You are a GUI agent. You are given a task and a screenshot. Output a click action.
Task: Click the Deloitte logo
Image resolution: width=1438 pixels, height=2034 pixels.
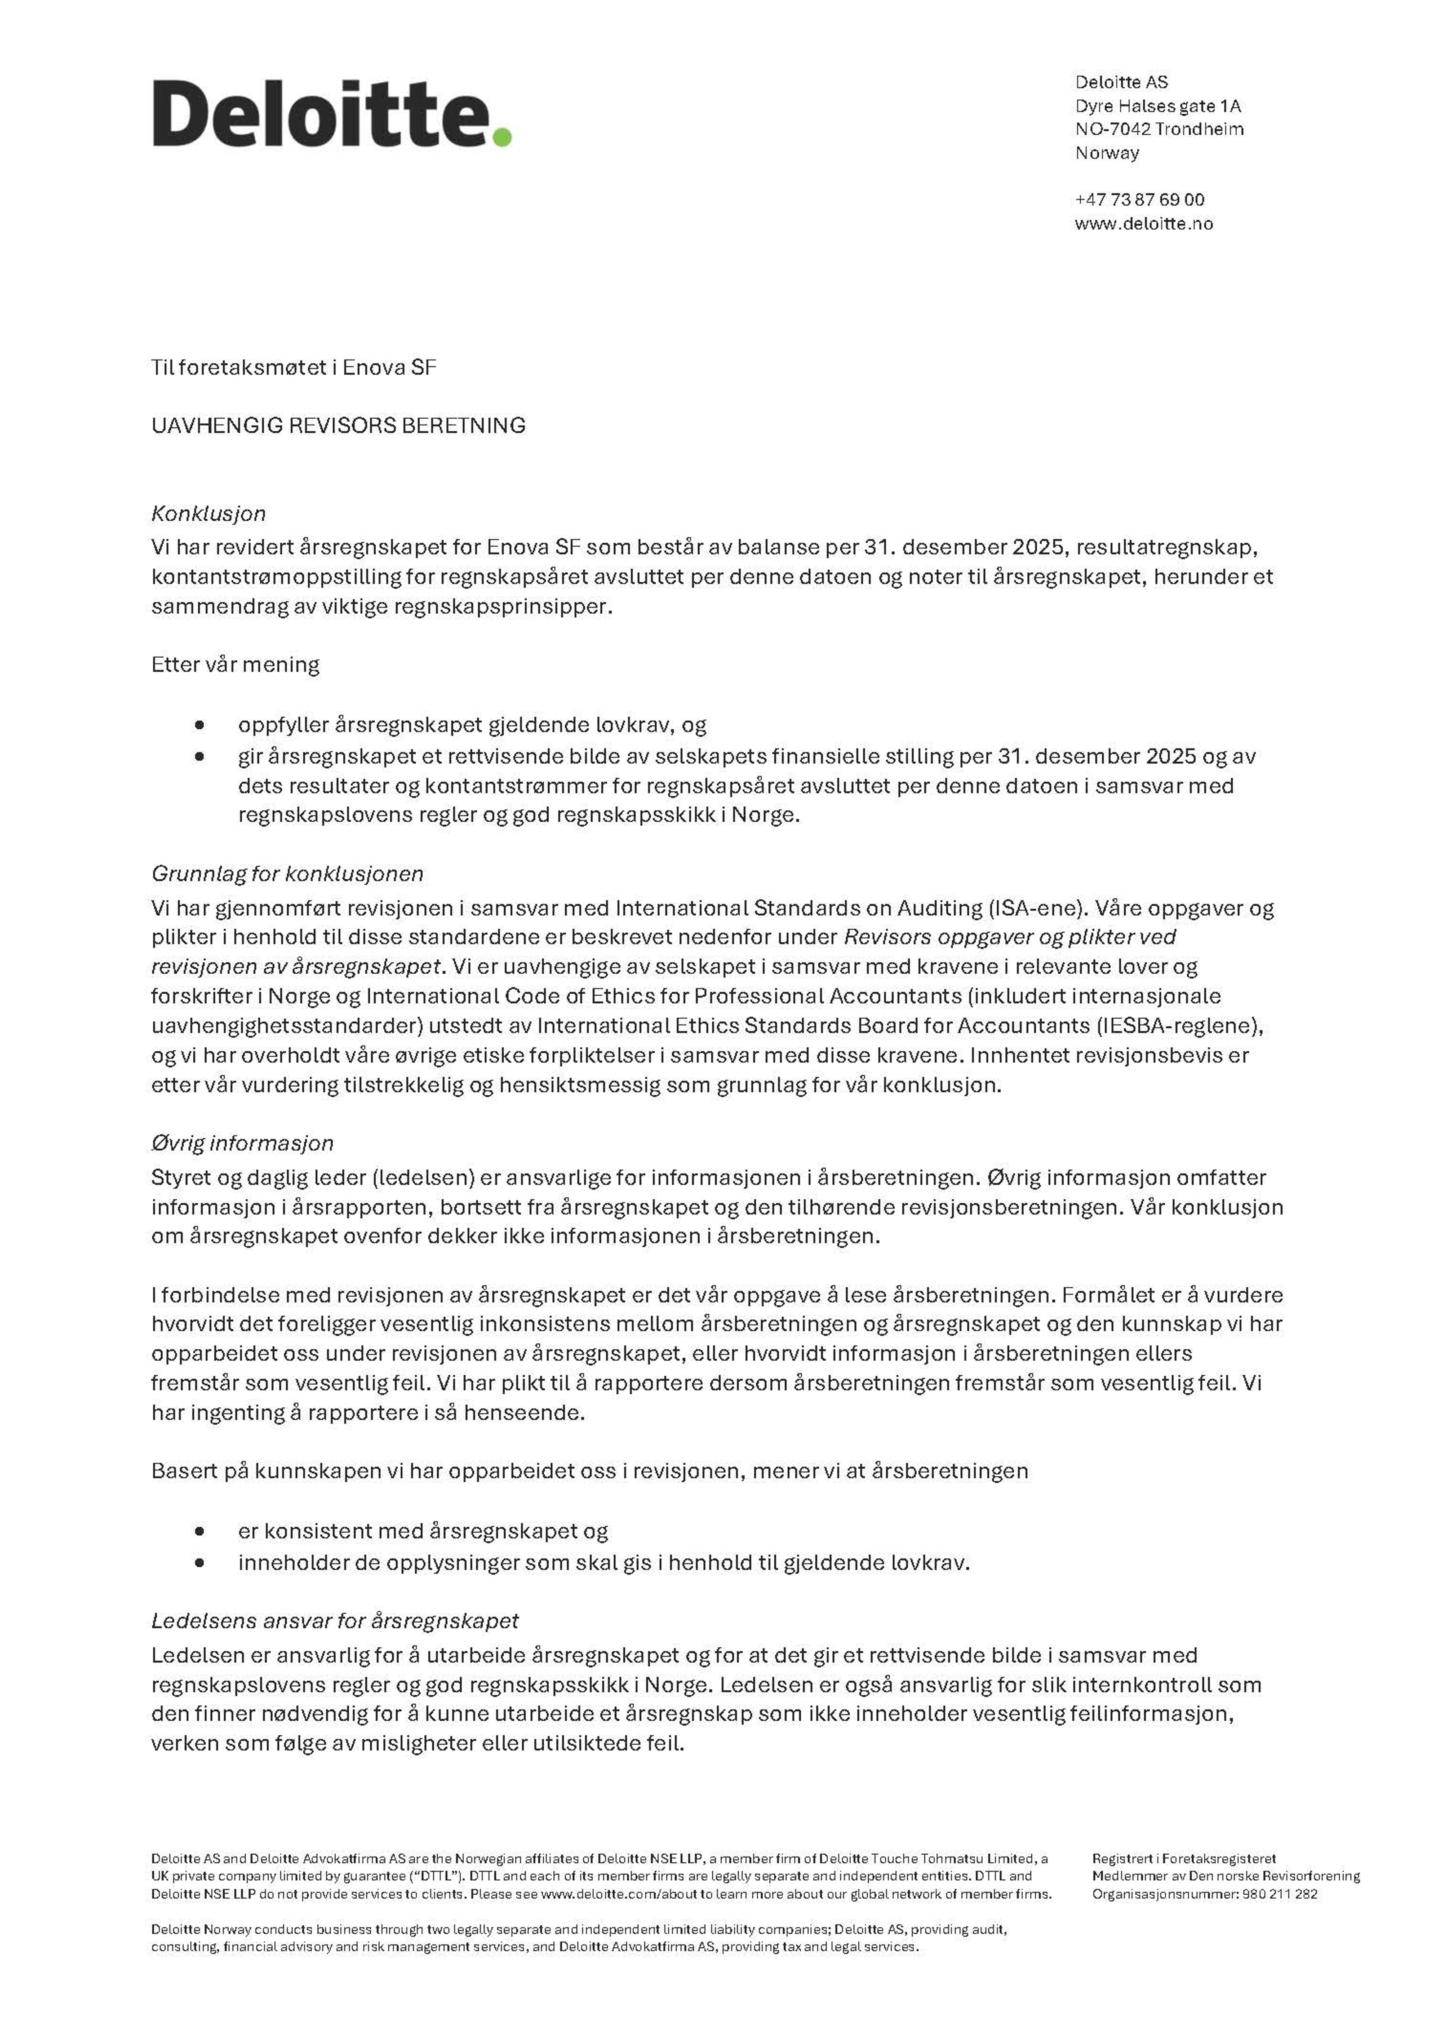tap(331, 113)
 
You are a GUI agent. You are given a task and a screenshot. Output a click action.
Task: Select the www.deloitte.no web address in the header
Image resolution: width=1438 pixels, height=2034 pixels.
tap(1144, 223)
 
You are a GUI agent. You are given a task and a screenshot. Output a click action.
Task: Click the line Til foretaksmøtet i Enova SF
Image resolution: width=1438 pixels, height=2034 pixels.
tap(293, 367)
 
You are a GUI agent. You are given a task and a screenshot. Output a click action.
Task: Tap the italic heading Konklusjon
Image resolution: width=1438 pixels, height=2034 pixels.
tap(208, 513)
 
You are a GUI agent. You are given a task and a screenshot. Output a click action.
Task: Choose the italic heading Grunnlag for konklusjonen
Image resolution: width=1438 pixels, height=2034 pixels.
tap(287, 873)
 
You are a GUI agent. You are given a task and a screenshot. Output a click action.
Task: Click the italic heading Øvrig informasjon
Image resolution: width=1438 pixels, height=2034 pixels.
tap(242, 1143)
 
